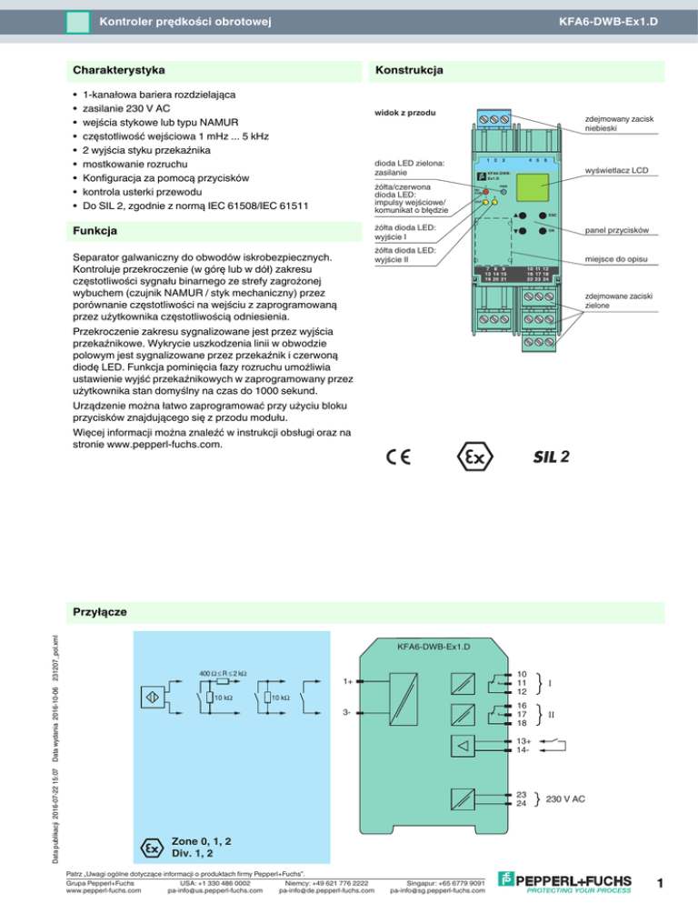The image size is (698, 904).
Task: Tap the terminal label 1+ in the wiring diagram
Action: pyautogui.click(x=348, y=680)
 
